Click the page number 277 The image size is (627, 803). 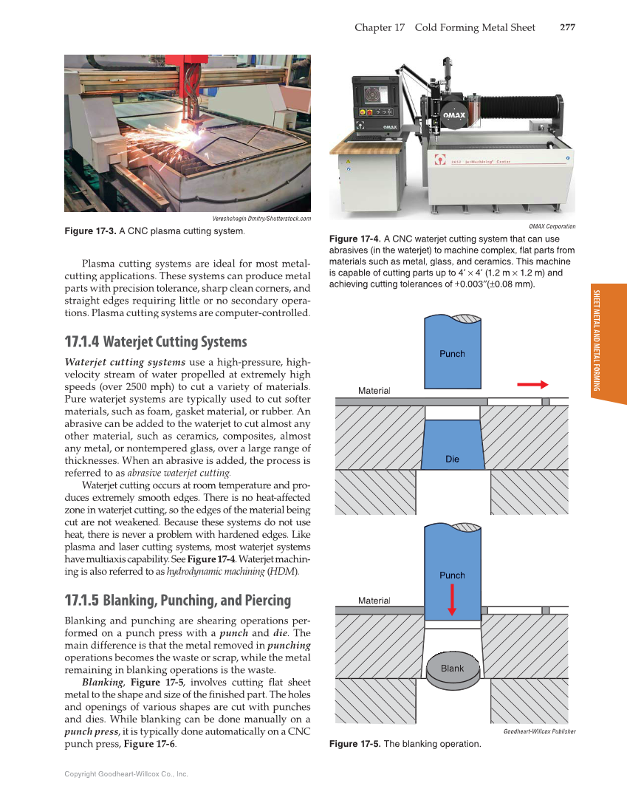(x=567, y=27)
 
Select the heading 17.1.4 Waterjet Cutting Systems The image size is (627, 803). (x=156, y=342)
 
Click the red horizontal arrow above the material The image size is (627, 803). (x=532, y=384)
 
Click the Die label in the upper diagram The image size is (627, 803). (x=452, y=459)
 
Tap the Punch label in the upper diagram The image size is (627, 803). (x=452, y=353)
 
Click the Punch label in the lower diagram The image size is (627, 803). (x=452, y=575)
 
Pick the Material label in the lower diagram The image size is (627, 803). (x=374, y=601)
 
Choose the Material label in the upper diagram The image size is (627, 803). (x=374, y=390)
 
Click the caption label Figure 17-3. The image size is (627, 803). (x=90, y=231)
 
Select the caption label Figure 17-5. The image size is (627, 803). (x=355, y=744)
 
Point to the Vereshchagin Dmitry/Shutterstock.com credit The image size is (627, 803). (x=261, y=218)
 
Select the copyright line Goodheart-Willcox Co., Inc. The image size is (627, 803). (x=126, y=773)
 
